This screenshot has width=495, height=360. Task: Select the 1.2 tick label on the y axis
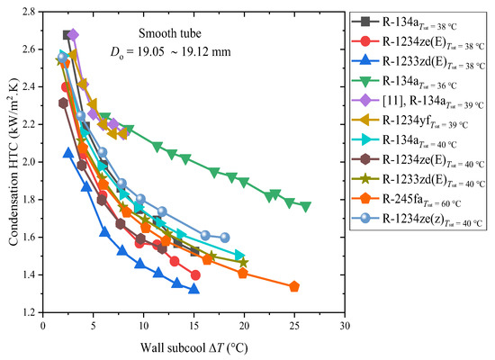coord(31,312)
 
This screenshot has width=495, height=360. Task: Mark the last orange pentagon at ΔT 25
coord(294,286)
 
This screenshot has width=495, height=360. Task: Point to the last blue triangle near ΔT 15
coord(193,289)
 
